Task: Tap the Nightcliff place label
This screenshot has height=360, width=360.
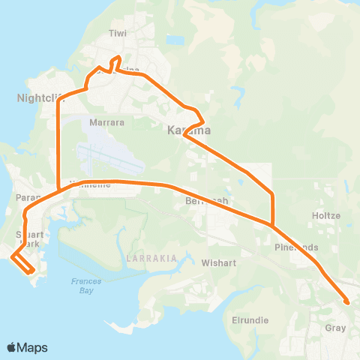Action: (34, 97)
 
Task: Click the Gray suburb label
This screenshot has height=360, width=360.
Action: (335, 328)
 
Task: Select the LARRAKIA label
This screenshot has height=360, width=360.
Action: (152, 257)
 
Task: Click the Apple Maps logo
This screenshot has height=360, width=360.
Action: (27, 347)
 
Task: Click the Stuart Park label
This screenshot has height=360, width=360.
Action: (28, 238)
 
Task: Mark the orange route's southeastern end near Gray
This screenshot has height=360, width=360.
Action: (347, 302)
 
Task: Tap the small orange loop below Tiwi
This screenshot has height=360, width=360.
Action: (115, 61)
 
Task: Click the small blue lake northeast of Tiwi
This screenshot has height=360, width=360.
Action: (175, 40)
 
